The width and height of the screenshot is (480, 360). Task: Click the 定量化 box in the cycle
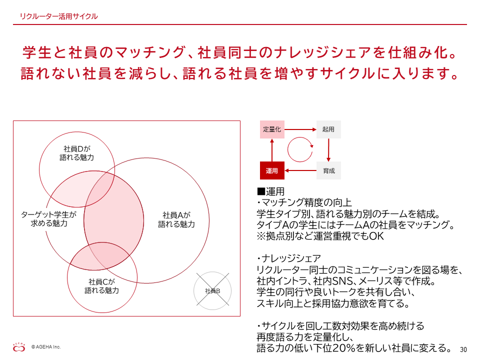coord(272,129)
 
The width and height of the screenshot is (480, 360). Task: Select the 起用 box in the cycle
coord(328,129)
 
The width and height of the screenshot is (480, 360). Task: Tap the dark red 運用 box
coord(272,170)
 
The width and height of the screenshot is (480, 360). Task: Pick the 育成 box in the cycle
coord(328,170)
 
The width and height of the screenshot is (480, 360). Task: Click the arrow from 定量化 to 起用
coord(300,129)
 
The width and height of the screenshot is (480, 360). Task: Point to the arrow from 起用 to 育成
coord(328,150)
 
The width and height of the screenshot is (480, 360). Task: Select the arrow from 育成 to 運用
coord(300,170)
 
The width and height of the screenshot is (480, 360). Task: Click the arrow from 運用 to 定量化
coord(272,150)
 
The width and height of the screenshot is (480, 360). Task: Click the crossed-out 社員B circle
coord(212,291)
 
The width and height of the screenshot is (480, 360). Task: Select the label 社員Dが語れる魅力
coord(77,153)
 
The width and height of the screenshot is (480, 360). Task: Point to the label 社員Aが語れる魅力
coord(176,220)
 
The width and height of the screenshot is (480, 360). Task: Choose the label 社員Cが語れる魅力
coord(102,286)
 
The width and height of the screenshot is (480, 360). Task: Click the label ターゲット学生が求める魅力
coord(48,219)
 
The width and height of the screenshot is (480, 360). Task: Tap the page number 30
coord(463,349)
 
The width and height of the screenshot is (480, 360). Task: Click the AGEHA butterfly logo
coord(19,347)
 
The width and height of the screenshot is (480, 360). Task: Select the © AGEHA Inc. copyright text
coord(46,347)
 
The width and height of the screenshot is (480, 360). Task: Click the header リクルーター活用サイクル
coord(59,16)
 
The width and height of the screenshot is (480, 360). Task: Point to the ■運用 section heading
coord(271,191)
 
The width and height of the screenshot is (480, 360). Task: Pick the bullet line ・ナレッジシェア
coord(288,258)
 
